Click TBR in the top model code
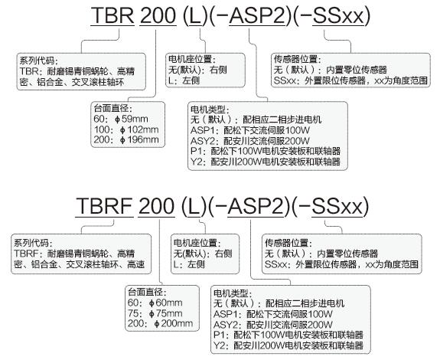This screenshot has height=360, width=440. point(112,15)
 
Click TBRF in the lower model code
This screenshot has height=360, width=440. point(104,206)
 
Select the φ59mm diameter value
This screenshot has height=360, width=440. point(132,119)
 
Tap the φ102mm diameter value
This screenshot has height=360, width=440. point(139,129)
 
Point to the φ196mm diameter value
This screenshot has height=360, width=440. point(139,140)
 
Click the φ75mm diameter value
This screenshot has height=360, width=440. point(165,313)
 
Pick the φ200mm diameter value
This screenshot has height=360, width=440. point(174,323)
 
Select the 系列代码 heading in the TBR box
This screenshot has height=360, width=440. point(37,60)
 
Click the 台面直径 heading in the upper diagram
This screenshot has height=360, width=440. point(112,109)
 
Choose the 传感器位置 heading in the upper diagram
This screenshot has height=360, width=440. point(297,59)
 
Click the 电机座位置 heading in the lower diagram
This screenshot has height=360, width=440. point(197,243)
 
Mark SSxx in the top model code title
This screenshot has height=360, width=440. point(338,15)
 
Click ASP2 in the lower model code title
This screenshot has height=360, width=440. point(257,206)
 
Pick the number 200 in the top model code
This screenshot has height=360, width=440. point(158,15)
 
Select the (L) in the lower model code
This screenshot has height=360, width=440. point(194,206)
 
